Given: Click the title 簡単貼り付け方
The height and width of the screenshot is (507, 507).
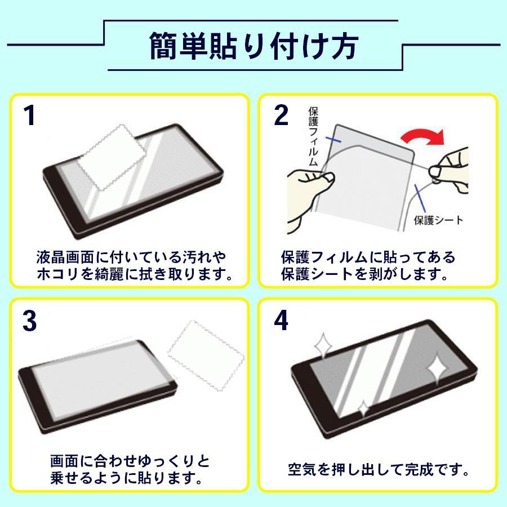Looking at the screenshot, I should coord(253,47).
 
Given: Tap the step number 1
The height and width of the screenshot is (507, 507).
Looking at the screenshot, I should coord(29,117).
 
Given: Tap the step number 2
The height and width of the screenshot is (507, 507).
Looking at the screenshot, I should coord(280,117).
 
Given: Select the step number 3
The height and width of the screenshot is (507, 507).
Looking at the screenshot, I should coord(30,321).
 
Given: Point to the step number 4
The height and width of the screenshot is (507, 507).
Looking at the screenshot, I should coord(281,321).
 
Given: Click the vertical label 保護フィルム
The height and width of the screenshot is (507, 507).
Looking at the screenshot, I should coord(314,135).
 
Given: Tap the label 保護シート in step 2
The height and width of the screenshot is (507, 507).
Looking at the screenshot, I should coord(438,219).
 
